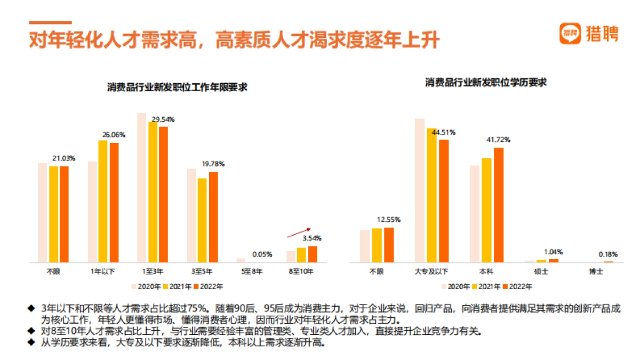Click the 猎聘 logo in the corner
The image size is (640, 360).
click(x=589, y=34)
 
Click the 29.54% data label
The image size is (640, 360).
click(x=163, y=119)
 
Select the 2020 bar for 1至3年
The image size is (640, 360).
click(x=141, y=188)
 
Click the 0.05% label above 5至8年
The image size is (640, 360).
click(x=262, y=254)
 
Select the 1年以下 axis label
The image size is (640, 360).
click(x=103, y=271)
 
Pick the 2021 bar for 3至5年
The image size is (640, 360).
click(x=202, y=220)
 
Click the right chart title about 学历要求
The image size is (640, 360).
click(x=486, y=83)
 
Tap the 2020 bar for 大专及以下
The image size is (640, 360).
click(x=420, y=190)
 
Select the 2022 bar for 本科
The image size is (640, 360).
click(x=499, y=205)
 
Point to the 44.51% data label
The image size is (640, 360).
click(x=444, y=132)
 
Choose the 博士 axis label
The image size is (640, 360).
click(x=603, y=271)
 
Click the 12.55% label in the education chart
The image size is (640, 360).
click(x=388, y=219)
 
